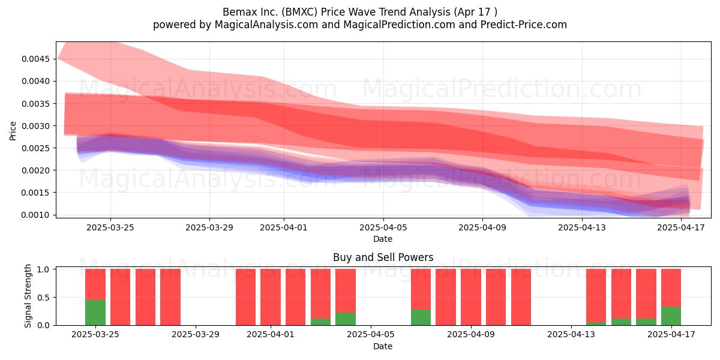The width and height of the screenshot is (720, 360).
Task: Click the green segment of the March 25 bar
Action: point(95,313)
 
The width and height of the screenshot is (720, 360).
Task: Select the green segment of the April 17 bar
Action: point(671,316)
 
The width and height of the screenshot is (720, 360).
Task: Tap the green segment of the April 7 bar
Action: point(421,317)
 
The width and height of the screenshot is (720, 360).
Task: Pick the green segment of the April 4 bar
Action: point(346,319)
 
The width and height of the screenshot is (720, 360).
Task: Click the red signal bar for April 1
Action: point(271,297)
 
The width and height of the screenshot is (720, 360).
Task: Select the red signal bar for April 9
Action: point(471,297)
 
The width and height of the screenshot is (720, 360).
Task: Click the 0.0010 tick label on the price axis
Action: point(35,215)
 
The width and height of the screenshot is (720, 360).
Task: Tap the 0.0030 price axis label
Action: point(35,126)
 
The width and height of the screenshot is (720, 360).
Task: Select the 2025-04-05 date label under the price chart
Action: point(383,227)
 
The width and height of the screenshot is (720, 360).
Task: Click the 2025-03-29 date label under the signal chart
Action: point(196,334)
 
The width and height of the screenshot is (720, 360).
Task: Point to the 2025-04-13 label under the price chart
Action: point(582,227)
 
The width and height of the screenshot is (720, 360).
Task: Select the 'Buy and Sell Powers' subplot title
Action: point(383,257)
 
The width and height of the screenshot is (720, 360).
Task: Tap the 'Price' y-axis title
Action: point(13,131)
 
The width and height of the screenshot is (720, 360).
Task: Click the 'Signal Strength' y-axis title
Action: point(28,296)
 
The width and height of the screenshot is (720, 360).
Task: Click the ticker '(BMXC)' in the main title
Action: point(299,12)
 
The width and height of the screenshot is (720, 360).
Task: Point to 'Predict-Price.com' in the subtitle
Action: point(524,25)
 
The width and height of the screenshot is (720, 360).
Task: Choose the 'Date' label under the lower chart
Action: point(383,346)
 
